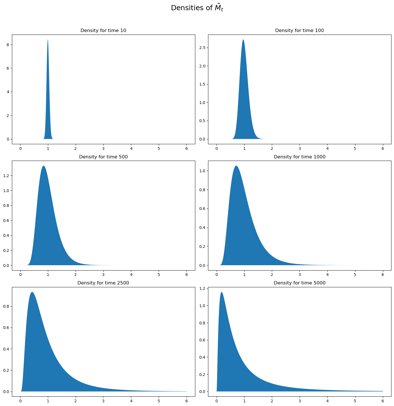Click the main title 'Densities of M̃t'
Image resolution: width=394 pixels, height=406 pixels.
[197, 8]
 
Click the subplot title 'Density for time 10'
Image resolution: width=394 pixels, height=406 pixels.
[103, 30]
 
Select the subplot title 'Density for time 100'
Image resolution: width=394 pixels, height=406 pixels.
[299, 30]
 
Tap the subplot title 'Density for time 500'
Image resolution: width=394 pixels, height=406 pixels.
[103, 157]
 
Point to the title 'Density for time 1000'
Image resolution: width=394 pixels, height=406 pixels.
[299, 157]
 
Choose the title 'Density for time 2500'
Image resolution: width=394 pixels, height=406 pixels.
[103, 283]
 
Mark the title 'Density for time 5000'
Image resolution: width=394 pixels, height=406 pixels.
[299, 283]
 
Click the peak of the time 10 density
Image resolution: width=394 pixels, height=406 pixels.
[48, 40]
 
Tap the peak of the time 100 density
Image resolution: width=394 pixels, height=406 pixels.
[243, 40]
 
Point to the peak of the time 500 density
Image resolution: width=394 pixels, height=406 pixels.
[43, 166]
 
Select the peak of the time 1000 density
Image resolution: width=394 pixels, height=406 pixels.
[236, 166]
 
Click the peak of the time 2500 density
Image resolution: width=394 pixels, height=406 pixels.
[32, 292]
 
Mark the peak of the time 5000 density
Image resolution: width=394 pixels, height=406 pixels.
[221, 292]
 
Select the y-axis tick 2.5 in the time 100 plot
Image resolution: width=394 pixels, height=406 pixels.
[202, 48]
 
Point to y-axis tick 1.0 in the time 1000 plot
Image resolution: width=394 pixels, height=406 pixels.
[202, 171]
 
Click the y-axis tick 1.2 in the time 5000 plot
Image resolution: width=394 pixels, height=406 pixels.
[202, 288]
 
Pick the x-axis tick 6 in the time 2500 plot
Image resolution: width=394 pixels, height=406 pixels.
[187, 402]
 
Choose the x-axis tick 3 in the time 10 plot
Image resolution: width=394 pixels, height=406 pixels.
[103, 149]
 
